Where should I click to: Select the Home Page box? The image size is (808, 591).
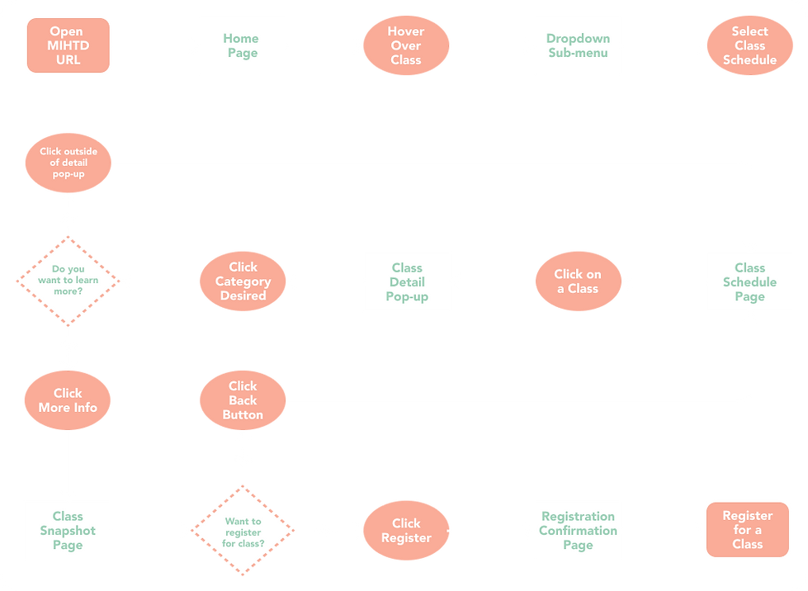pyautogui.click(x=242, y=45)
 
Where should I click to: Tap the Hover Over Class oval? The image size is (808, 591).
pyautogui.click(x=406, y=45)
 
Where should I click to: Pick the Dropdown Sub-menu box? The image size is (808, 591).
pyautogui.click(x=578, y=45)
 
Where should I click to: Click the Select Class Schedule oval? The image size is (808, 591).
pyautogui.click(x=749, y=45)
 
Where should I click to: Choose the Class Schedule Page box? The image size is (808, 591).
pyautogui.click(x=749, y=281)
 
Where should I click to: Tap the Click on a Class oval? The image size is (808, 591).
pyautogui.click(x=578, y=281)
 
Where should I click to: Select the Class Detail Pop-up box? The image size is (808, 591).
pyautogui.click(x=407, y=281)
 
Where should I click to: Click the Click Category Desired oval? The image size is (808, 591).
pyautogui.click(x=243, y=281)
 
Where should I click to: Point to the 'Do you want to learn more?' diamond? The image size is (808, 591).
pyautogui.click(x=68, y=281)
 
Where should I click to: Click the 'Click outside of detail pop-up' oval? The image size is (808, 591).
pyautogui.click(x=68, y=163)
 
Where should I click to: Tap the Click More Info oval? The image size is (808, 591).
pyautogui.click(x=68, y=400)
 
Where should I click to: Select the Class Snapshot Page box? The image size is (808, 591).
pyautogui.click(x=68, y=530)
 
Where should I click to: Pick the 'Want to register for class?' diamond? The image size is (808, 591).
pyautogui.click(x=243, y=530)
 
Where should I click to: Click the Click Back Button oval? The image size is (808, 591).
pyautogui.click(x=243, y=400)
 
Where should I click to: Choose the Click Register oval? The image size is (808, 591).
pyautogui.click(x=406, y=530)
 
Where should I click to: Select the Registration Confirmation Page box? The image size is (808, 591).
pyautogui.click(x=578, y=530)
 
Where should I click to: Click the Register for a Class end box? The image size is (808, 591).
pyautogui.click(x=747, y=530)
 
